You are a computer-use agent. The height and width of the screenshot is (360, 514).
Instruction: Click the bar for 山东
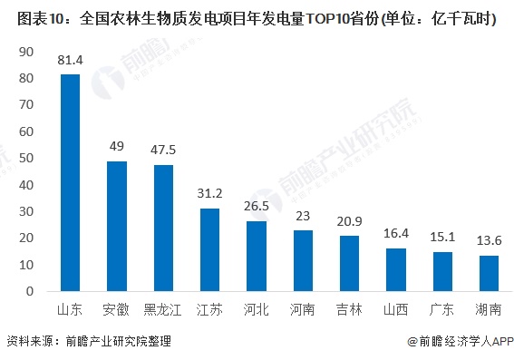(x=70, y=183)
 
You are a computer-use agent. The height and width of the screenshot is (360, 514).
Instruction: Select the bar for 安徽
(x=117, y=227)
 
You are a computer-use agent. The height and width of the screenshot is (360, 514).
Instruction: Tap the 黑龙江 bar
(x=163, y=229)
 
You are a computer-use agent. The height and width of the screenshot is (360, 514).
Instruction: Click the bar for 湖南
(x=489, y=274)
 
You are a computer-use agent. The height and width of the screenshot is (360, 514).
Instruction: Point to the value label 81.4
(x=70, y=61)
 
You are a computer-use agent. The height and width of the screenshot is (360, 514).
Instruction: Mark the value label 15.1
(x=442, y=238)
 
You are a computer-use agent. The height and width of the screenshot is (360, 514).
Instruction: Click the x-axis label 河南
(x=303, y=309)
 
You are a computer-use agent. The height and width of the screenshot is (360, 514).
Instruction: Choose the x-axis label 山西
(x=396, y=309)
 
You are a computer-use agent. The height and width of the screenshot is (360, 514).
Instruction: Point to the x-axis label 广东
(x=442, y=309)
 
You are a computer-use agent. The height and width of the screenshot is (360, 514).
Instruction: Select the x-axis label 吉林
(x=349, y=309)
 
